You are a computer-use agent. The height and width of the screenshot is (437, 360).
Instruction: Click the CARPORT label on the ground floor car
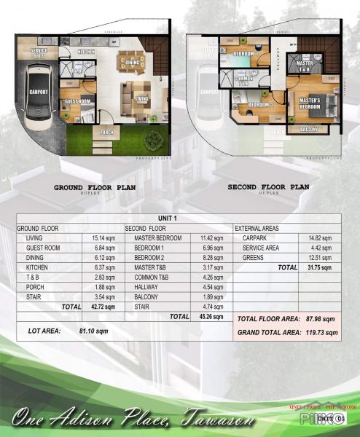click(x=39, y=92)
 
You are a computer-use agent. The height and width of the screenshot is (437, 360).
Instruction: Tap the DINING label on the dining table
click(x=132, y=63)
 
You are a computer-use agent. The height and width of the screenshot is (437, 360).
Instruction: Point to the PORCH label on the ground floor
click(x=106, y=131)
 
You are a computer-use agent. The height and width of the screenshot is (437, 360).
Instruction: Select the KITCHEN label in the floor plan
click(x=85, y=52)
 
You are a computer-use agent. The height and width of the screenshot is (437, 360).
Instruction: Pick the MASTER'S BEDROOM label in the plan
click(x=310, y=102)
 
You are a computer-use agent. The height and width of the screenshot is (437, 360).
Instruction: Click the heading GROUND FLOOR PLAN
click(x=95, y=187)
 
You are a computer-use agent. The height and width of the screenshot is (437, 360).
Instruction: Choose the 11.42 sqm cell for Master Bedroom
click(x=211, y=238)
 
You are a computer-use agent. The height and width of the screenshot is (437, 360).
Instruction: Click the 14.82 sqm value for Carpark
click(x=321, y=238)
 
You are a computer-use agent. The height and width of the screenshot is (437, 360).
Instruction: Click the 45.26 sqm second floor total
click(x=211, y=317)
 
